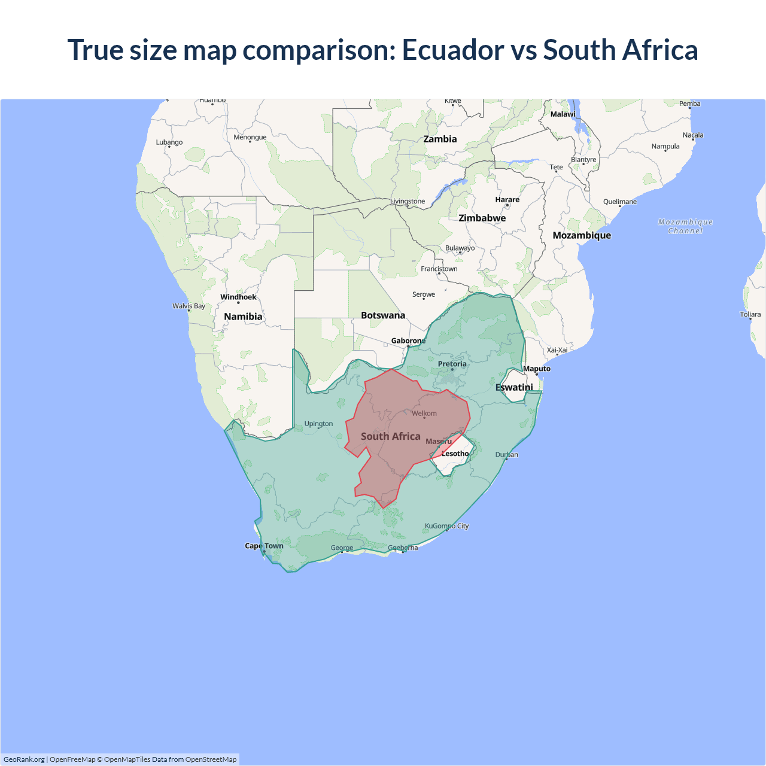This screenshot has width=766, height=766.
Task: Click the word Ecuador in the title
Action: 452,50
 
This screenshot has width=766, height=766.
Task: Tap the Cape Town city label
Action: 264,546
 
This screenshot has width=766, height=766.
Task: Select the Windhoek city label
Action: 238,297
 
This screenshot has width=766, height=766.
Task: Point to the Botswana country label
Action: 383,315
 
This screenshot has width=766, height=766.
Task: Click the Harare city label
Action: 507,199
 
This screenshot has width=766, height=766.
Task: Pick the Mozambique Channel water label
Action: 685,226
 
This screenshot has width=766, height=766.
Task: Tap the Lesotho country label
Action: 455,454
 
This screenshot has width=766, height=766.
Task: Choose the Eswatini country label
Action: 513,387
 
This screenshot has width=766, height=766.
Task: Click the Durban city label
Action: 506,455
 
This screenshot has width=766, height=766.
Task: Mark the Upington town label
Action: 318,424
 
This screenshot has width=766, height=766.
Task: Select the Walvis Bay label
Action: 189,306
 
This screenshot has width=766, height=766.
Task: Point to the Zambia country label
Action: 440,139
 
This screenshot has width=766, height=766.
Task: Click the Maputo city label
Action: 536,369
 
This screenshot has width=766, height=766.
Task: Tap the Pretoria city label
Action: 452,364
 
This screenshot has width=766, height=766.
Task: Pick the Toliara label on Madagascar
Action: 750,314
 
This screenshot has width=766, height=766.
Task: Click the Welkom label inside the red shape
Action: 424,414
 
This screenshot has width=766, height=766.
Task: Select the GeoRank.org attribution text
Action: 24,759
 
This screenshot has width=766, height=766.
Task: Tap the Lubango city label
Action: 169,142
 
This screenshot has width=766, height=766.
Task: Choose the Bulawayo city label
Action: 460,248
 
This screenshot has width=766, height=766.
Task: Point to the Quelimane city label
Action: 619,202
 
